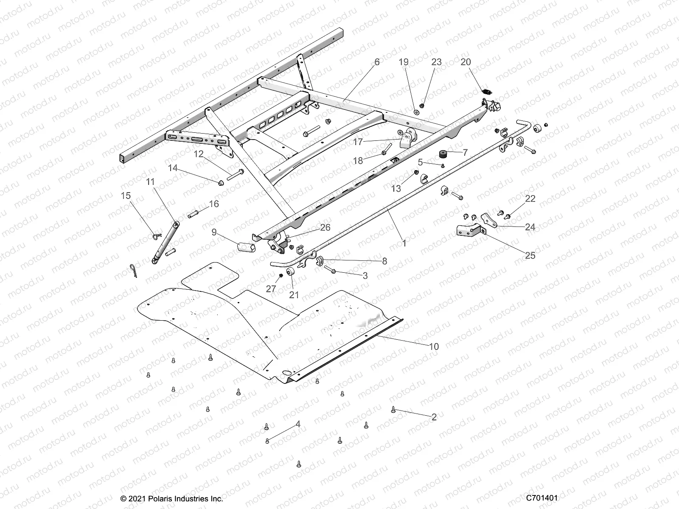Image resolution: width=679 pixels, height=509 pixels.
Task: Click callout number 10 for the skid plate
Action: click(433, 347)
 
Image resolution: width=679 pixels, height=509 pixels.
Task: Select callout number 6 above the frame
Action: click(377, 62)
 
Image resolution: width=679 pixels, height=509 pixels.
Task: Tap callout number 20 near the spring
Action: click(466, 62)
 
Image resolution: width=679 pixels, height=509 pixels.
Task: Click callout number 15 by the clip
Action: click(126, 196)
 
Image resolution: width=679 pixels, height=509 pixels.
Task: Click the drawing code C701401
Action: click(542, 498)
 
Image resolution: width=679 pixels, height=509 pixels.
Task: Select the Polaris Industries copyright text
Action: click(171, 498)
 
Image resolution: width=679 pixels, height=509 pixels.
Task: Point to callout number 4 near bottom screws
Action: click(298, 424)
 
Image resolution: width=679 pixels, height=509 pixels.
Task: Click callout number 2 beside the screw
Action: click(434, 417)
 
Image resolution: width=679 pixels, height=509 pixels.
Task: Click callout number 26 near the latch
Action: click(325, 228)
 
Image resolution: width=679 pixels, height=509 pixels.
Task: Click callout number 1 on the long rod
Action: click(404, 243)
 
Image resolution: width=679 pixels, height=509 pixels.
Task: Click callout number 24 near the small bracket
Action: click(530, 227)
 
